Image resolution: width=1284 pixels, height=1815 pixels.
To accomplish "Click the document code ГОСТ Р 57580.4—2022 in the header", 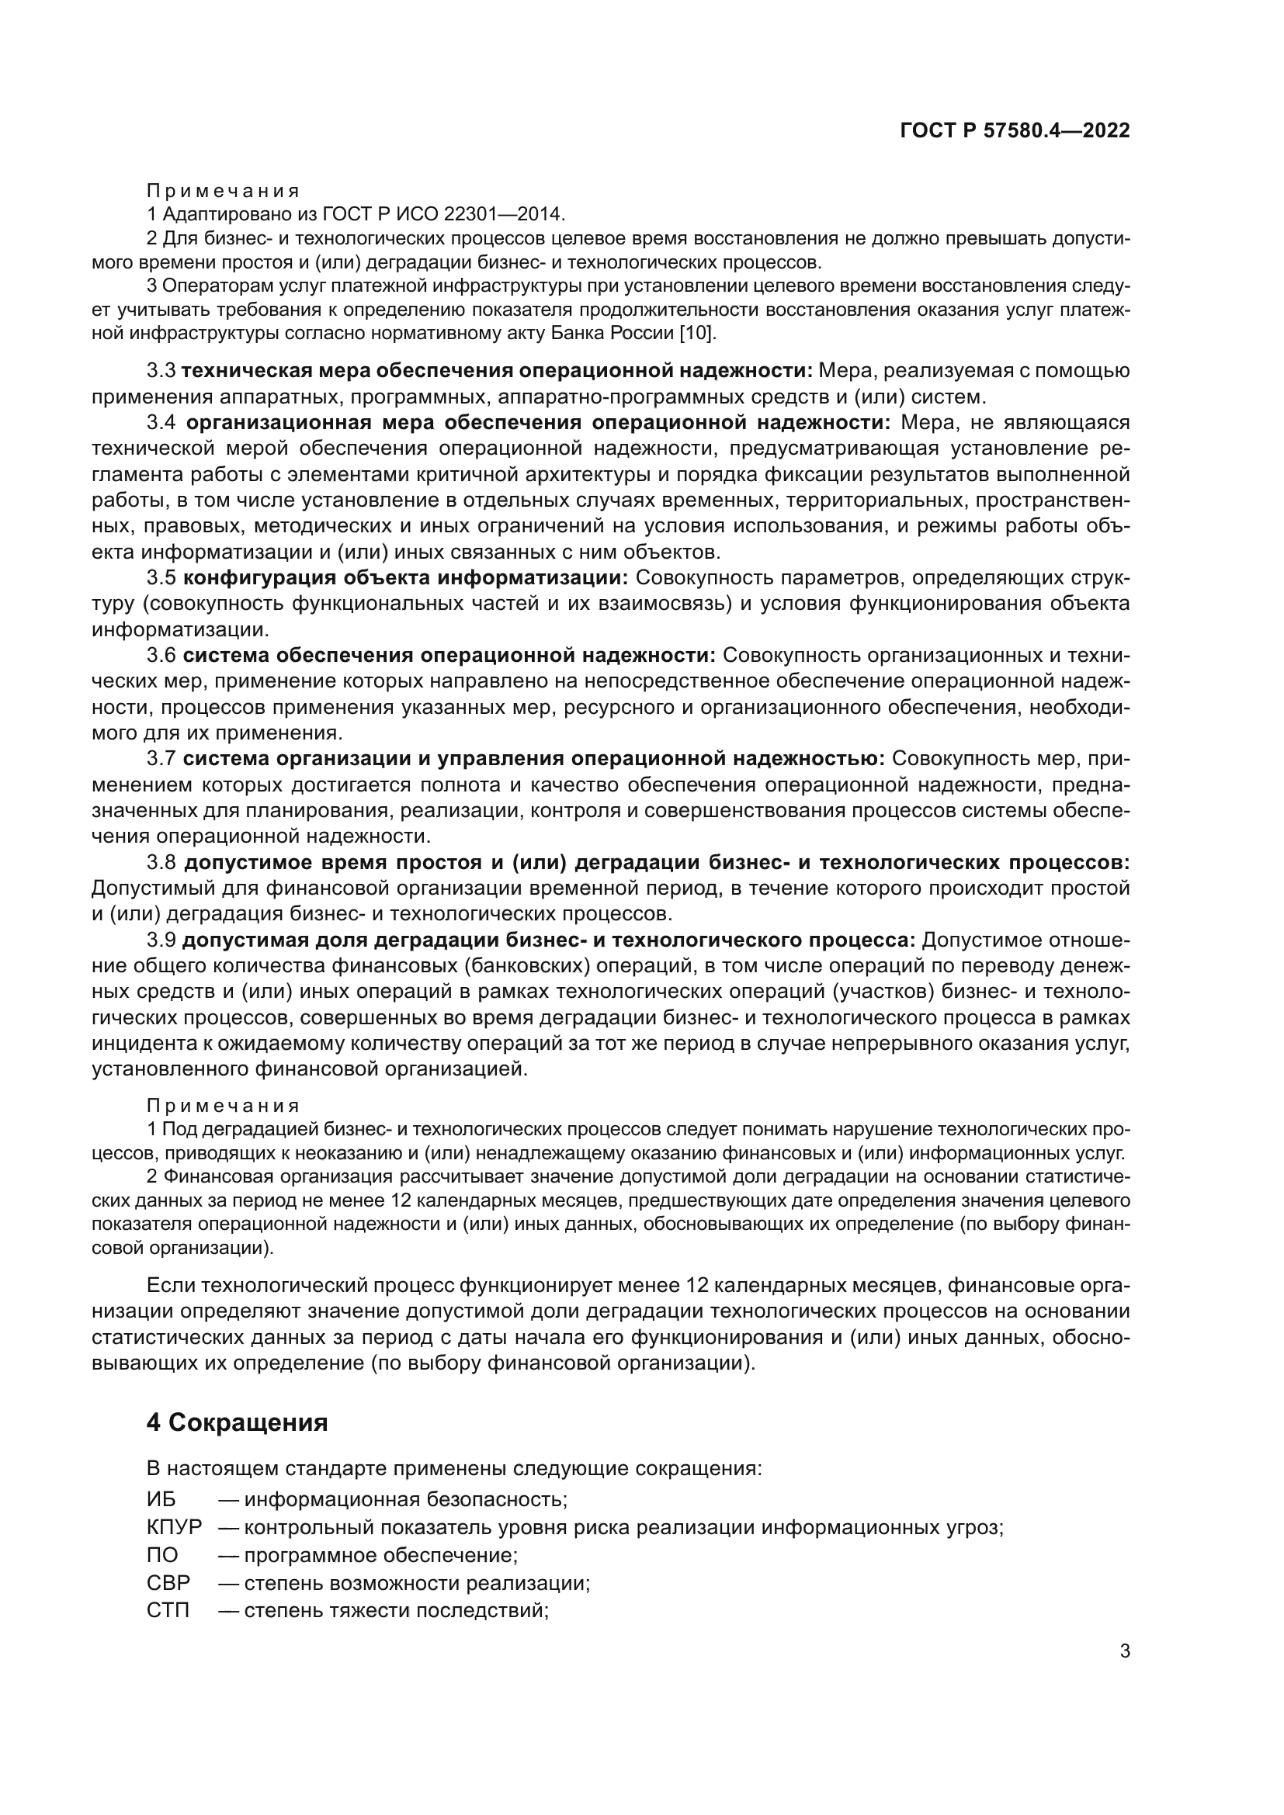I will point(1015,131).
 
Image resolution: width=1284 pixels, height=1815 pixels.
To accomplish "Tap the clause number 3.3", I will point(161,371).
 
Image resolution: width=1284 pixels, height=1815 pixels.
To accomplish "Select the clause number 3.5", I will point(161,578).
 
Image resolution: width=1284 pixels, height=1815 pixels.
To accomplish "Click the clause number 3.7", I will point(161,759).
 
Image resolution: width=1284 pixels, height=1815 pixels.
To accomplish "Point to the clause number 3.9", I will point(161,940).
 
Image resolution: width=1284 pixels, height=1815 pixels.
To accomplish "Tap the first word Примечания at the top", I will point(223,191).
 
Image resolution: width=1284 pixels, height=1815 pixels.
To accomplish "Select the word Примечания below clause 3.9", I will point(223,1105).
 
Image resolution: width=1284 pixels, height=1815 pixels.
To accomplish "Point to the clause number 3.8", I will point(161,862).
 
